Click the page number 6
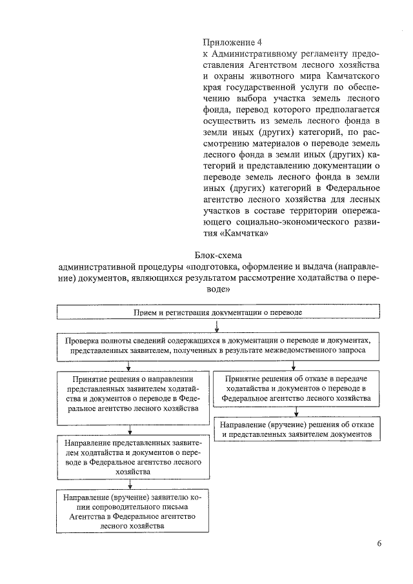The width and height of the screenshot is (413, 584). pyautogui.click(x=379, y=543)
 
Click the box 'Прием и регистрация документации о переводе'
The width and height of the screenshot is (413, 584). pyautogui.click(x=218, y=312)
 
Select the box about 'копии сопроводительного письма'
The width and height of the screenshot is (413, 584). pyautogui.click(x=130, y=512)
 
